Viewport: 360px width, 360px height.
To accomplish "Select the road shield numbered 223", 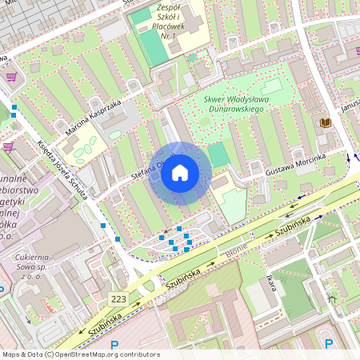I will pyautogui.click(x=118, y=298).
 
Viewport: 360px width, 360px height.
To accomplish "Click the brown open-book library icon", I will pyautogui.click(x=325, y=122).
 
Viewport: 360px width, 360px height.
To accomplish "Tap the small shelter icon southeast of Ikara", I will pyautogui.click(x=331, y=303).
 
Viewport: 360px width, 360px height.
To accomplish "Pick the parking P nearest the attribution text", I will pyautogui.click(x=114, y=345).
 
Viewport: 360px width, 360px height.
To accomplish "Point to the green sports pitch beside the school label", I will pyautogui.click(x=152, y=46).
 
